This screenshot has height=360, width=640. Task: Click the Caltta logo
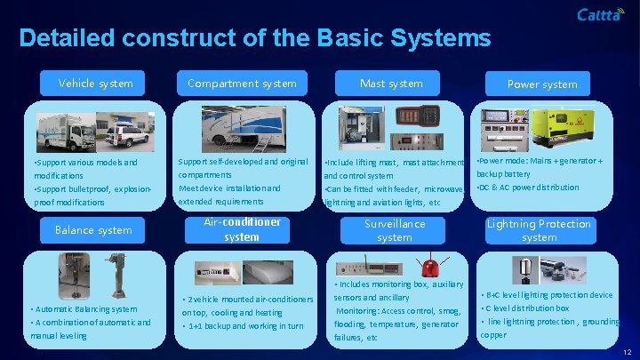(x=600, y=14)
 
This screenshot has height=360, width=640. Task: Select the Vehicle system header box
(x=96, y=84)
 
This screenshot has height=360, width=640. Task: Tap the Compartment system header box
(x=242, y=84)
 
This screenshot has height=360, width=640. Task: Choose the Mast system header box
(x=391, y=84)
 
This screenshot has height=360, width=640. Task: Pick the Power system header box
(x=541, y=84)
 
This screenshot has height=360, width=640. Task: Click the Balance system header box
(x=93, y=230)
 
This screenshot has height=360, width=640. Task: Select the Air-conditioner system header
(x=242, y=229)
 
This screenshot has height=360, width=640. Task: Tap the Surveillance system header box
(x=394, y=230)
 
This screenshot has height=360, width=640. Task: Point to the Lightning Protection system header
(x=540, y=230)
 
